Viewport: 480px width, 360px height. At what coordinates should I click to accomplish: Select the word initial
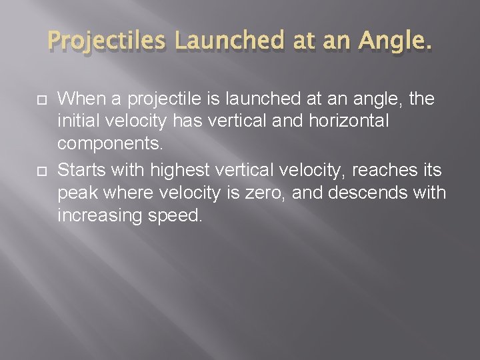pos(79,123)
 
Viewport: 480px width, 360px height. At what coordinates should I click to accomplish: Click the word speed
pos(176,216)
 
